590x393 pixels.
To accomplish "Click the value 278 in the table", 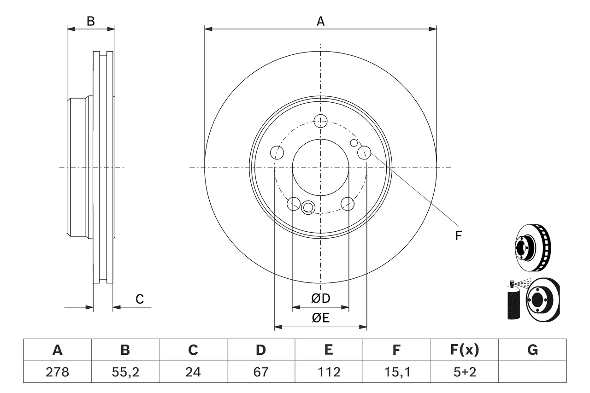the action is click(57, 372).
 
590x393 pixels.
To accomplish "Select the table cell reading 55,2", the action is click(125, 372).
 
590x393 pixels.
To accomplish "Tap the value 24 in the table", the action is click(193, 372).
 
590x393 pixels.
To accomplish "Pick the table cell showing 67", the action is click(261, 372).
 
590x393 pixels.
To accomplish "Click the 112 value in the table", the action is click(329, 372).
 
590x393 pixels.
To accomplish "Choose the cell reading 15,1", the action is click(397, 372).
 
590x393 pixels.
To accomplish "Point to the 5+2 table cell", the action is click(465, 372).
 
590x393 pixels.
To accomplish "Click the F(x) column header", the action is click(465, 350).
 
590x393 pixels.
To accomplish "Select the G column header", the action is click(532, 350).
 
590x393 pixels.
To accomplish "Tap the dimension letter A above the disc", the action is click(320, 21).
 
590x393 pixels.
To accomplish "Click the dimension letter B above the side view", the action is click(91, 21).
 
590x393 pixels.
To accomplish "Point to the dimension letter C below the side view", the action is click(140, 299).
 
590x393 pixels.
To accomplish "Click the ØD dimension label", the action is click(320, 299).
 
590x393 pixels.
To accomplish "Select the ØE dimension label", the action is click(320, 318).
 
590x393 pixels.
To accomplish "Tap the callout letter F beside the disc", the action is click(459, 235).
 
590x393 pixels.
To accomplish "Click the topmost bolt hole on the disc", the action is click(320, 121).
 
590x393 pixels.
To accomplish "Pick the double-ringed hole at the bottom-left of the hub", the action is click(308, 207).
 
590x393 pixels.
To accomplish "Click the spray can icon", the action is click(513, 300).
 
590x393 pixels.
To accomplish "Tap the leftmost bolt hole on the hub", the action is click(277, 152).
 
